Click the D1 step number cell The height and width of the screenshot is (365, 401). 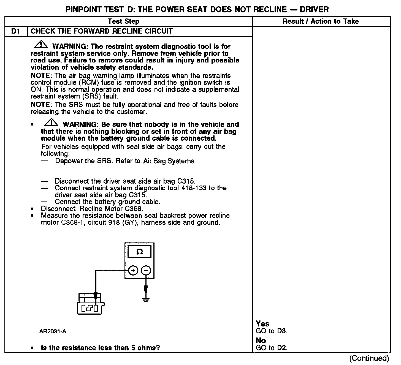click(16, 31)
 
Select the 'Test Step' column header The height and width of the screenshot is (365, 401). click(123, 21)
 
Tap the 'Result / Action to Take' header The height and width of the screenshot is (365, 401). click(321, 21)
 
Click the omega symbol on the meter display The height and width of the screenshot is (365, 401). click(140, 252)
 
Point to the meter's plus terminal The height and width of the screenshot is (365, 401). click(133, 271)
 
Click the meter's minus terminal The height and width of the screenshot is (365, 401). click(146, 271)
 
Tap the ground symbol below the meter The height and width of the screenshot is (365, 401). click(146, 299)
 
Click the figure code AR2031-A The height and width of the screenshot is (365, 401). click(53, 331)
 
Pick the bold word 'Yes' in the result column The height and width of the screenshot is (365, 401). click(262, 324)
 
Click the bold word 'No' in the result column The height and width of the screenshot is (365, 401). click(261, 341)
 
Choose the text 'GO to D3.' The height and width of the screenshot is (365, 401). click(272, 331)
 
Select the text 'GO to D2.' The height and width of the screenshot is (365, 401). click(272, 348)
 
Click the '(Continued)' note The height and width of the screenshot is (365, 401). click(369, 358)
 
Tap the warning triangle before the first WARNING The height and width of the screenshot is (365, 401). click(41, 44)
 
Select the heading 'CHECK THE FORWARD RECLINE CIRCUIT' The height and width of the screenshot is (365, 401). click(102, 31)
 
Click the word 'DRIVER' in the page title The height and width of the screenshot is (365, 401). click(314, 10)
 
